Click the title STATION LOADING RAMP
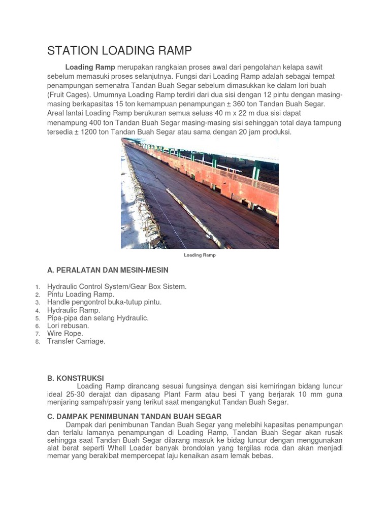(119, 51)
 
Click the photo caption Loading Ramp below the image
(200, 255)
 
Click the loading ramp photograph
(200, 193)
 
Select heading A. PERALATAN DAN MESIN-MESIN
(108, 270)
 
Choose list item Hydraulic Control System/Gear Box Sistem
(117, 287)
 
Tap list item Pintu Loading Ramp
(81, 295)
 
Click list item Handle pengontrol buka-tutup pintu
(104, 302)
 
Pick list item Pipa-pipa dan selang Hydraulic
(97, 318)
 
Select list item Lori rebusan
(68, 326)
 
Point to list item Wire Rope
(65, 334)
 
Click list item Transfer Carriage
(76, 342)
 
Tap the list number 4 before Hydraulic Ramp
(38, 311)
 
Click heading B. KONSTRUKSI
(75, 378)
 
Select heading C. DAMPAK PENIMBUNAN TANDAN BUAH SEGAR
(134, 417)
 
